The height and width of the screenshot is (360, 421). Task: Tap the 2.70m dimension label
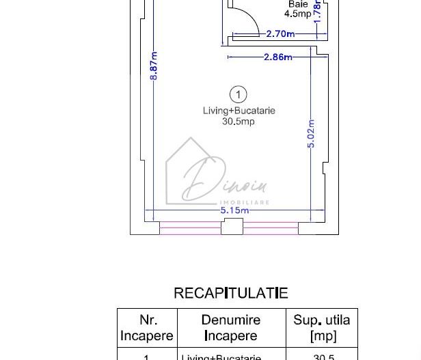[x=280, y=33]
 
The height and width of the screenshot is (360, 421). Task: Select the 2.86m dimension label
[x=277, y=57]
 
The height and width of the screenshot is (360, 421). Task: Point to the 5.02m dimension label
[x=312, y=135]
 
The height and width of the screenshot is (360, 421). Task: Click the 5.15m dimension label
[x=234, y=210]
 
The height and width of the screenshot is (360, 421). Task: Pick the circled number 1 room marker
[x=239, y=94]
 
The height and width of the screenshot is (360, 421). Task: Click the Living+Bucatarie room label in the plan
[x=239, y=111]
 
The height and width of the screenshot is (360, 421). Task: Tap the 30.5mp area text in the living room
[x=239, y=122]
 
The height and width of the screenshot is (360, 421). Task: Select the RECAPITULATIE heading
[x=231, y=293]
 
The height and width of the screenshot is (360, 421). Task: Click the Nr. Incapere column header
[x=148, y=328]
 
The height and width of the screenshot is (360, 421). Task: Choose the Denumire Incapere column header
[x=231, y=328]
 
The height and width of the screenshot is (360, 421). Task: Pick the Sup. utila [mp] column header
[x=321, y=328]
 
